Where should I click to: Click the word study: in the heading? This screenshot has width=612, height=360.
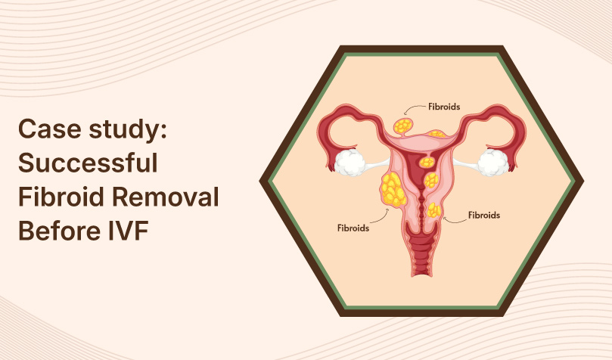pyautogui.click(x=124, y=130)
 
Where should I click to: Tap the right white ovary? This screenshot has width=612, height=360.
pyautogui.click(x=492, y=162)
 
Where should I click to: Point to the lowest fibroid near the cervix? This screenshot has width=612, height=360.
pyautogui.click(x=434, y=210)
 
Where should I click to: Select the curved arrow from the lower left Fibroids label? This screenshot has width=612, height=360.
pyautogui.click(x=382, y=217)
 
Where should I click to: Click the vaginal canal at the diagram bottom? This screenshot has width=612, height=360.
pyautogui.click(x=421, y=261)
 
